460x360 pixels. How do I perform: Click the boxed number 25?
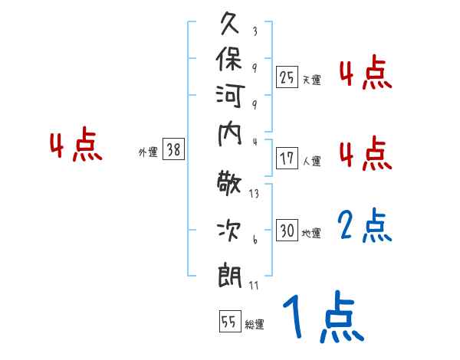tap(287, 77)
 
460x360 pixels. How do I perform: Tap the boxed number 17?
tap(287, 159)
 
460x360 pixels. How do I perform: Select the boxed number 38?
tap(174, 151)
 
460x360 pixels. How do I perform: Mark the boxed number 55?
tap(228, 322)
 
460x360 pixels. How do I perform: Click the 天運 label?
tap(310, 80)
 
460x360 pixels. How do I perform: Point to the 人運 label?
tap(310, 162)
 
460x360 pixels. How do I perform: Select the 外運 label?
tap(148, 153)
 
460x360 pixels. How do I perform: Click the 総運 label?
tap(254, 324)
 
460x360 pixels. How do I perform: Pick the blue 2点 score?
tap(365, 227)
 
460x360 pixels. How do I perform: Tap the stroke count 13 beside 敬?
tap(254, 194)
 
